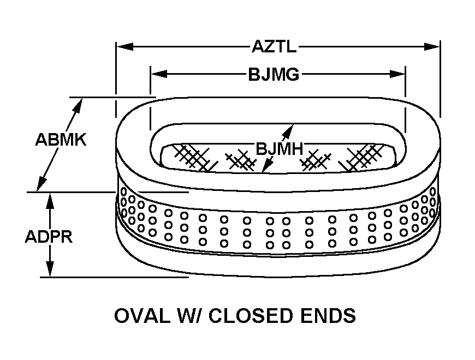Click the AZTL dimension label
click(274, 46)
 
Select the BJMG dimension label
click(274, 74)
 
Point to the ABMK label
click(61, 140)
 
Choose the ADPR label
click(49, 238)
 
